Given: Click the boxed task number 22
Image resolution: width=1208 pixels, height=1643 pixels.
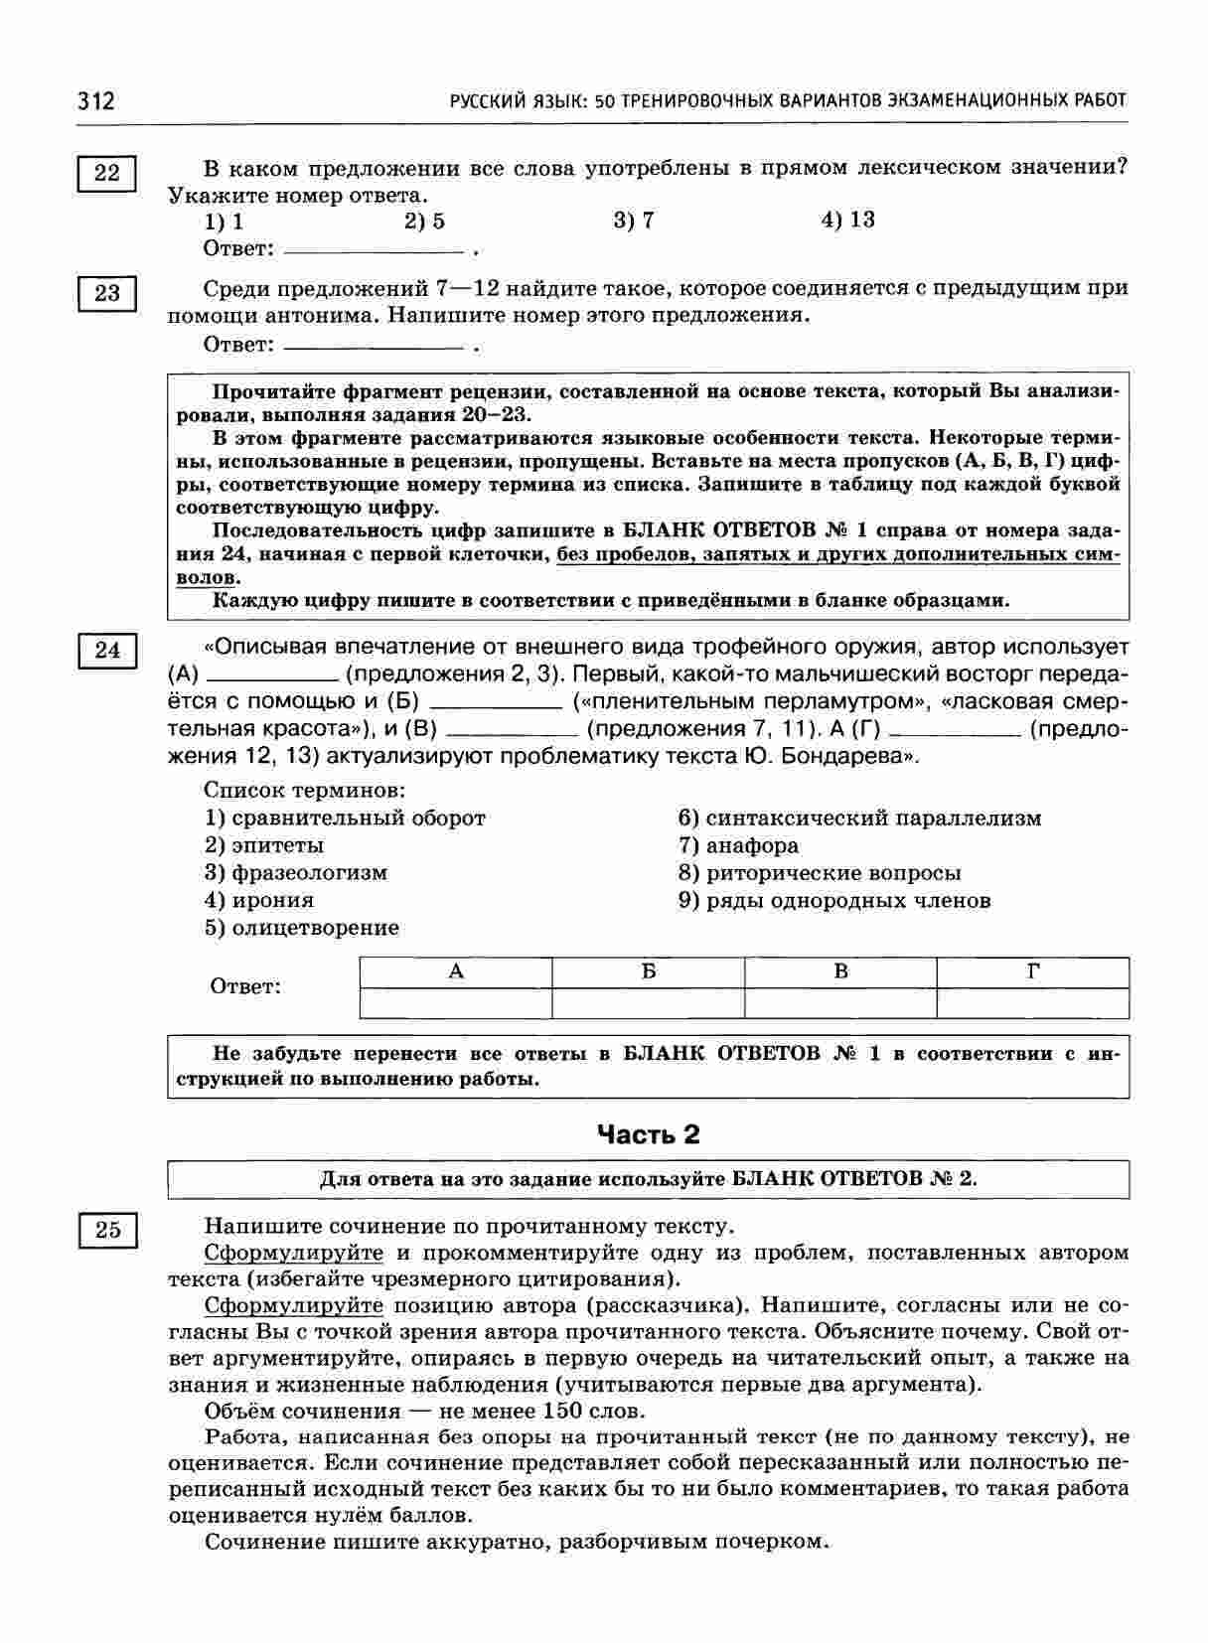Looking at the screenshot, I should [x=106, y=174].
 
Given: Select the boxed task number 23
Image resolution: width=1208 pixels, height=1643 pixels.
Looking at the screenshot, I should [x=106, y=293].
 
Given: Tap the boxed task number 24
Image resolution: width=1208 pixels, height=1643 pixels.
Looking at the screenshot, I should [x=106, y=651].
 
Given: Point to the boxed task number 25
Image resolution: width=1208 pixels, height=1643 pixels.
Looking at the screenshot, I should [x=106, y=1230].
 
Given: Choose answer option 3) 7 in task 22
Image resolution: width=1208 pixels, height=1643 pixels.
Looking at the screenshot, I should [x=634, y=221].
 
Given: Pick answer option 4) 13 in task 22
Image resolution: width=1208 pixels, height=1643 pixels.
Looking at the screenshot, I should [x=847, y=221].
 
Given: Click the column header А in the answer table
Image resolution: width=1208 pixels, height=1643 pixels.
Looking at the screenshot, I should [x=456, y=972].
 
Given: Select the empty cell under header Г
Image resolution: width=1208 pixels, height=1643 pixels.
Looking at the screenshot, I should [x=1032, y=1003].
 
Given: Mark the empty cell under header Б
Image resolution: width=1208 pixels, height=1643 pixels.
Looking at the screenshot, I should [x=648, y=1003].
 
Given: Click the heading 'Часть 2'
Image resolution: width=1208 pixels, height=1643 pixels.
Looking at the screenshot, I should [x=648, y=1134].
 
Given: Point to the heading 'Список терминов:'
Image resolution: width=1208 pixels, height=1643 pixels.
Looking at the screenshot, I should [x=305, y=791].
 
